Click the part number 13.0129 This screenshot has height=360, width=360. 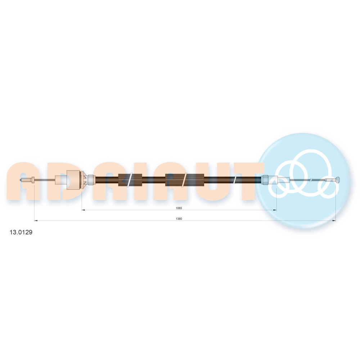pyautogui.click(x=21, y=232)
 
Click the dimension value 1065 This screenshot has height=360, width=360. pyautogui.click(x=179, y=208)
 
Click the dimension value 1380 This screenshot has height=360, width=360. pyautogui.click(x=179, y=219)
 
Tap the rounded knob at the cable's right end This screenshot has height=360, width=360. pyautogui.click(x=338, y=180)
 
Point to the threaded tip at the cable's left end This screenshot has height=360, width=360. pyautogui.click(x=24, y=180)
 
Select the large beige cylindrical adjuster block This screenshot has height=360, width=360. pyautogui.click(x=73, y=180)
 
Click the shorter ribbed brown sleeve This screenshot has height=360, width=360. pyautogui.click(x=130, y=180)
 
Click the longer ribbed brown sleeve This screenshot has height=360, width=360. pyautogui.click(x=185, y=180)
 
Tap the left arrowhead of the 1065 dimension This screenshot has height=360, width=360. pyautogui.click(x=84, y=210)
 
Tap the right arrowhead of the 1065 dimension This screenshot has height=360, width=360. pyautogui.click(x=275, y=210)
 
